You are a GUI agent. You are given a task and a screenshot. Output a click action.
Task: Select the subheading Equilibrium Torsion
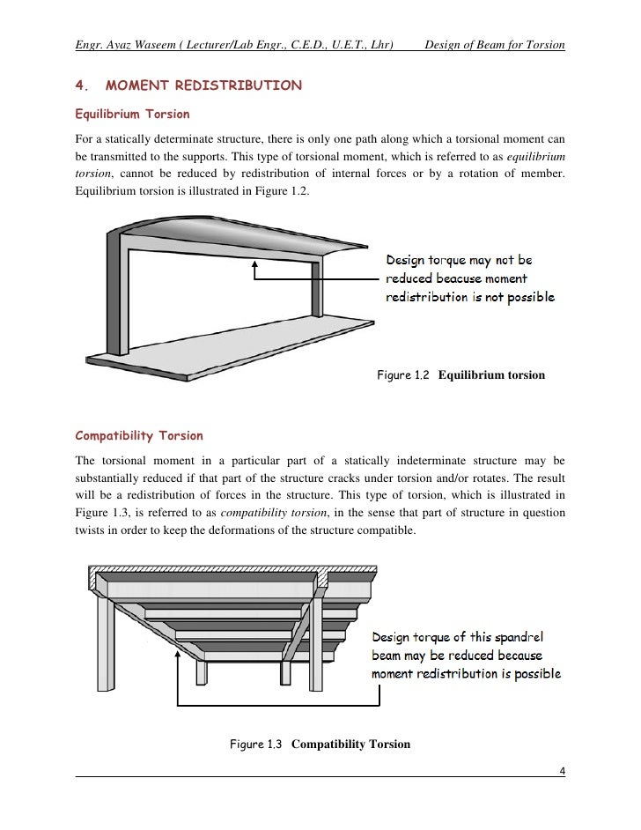tap(132, 115)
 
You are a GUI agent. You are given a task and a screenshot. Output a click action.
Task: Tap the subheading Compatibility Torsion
tap(139, 435)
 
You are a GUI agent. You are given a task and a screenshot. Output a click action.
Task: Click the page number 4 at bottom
tap(562, 773)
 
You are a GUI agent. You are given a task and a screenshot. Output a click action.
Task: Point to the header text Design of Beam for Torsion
tap(494, 45)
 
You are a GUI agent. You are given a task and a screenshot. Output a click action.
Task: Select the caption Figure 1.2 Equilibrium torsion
tap(460, 375)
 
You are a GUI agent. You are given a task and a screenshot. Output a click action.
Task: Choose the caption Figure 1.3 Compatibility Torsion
tap(320, 744)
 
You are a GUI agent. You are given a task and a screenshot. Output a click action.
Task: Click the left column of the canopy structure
tap(114, 291)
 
